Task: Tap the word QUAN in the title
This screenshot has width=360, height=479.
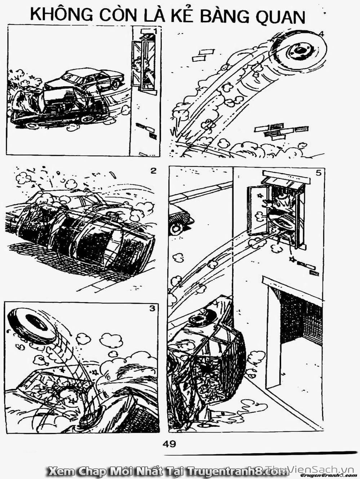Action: [280, 17]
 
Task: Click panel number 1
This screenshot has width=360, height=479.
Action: [156, 31]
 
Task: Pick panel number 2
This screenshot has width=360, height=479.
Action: [154, 171]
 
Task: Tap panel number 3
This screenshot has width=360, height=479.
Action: [152, 308]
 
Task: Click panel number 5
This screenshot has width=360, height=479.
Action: [318, 173]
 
